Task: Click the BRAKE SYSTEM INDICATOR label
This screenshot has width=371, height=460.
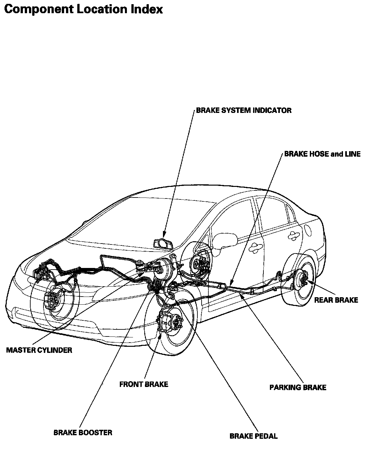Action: coord(244,111)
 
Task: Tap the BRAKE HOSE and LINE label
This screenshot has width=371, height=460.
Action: coord(322,154)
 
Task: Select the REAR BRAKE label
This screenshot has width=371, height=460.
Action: coord(336,300)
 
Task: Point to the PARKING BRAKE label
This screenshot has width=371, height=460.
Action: coord(298,387)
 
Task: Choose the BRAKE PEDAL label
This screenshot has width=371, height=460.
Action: coord(253,436)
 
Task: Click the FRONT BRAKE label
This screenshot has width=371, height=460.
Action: coord(144,384)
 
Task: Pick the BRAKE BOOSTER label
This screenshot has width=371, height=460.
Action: coord(83,432)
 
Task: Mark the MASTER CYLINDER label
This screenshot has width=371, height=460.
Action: coord(39,350)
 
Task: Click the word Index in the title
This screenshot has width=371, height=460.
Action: coord(147,9)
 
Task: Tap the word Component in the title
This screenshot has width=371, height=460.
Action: coord(38,9)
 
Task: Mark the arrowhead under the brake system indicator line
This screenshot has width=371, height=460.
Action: coord(164,235)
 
